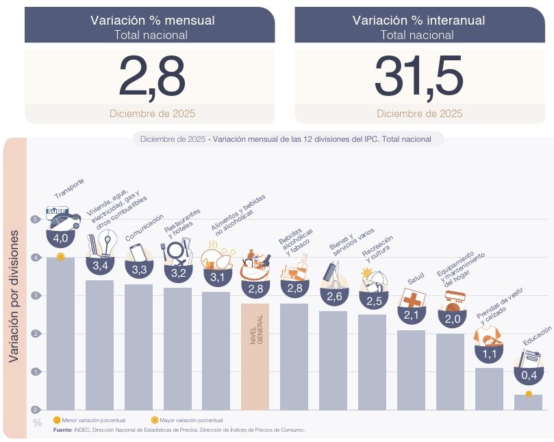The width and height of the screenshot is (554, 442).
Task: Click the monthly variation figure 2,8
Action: pyautogui.click(x=151, y=76)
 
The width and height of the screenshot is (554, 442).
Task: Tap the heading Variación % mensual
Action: pyautogui.click(x=152, y=21)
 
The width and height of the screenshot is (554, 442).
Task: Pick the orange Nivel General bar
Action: pyautogui.click(x=255, y=356)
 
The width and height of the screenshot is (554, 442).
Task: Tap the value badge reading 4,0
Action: pyautogui.click(x=60, y=238)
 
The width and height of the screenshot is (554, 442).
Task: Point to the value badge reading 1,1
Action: pyautogui.click(x=490, y=354)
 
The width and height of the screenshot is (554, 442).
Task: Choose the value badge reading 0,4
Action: pyautogui.click(x=529, y=375)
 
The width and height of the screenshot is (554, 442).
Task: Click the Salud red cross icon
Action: pyautogui.click(x=412, y=299)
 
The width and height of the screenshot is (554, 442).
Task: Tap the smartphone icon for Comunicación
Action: pyautogui.click(x=137, y=252)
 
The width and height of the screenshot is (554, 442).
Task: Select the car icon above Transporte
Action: pyautogui.click(x=62, y=217)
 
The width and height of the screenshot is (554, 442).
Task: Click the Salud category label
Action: pyautogui.click(x=416, y=280)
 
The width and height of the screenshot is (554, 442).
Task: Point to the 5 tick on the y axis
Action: pyautogui.click(x=35, y=219)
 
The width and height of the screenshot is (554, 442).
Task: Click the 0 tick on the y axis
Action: pyautogui.click(x=35, y=409)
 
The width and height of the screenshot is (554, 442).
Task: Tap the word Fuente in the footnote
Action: pyautogui.click(x=62, y=430)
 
